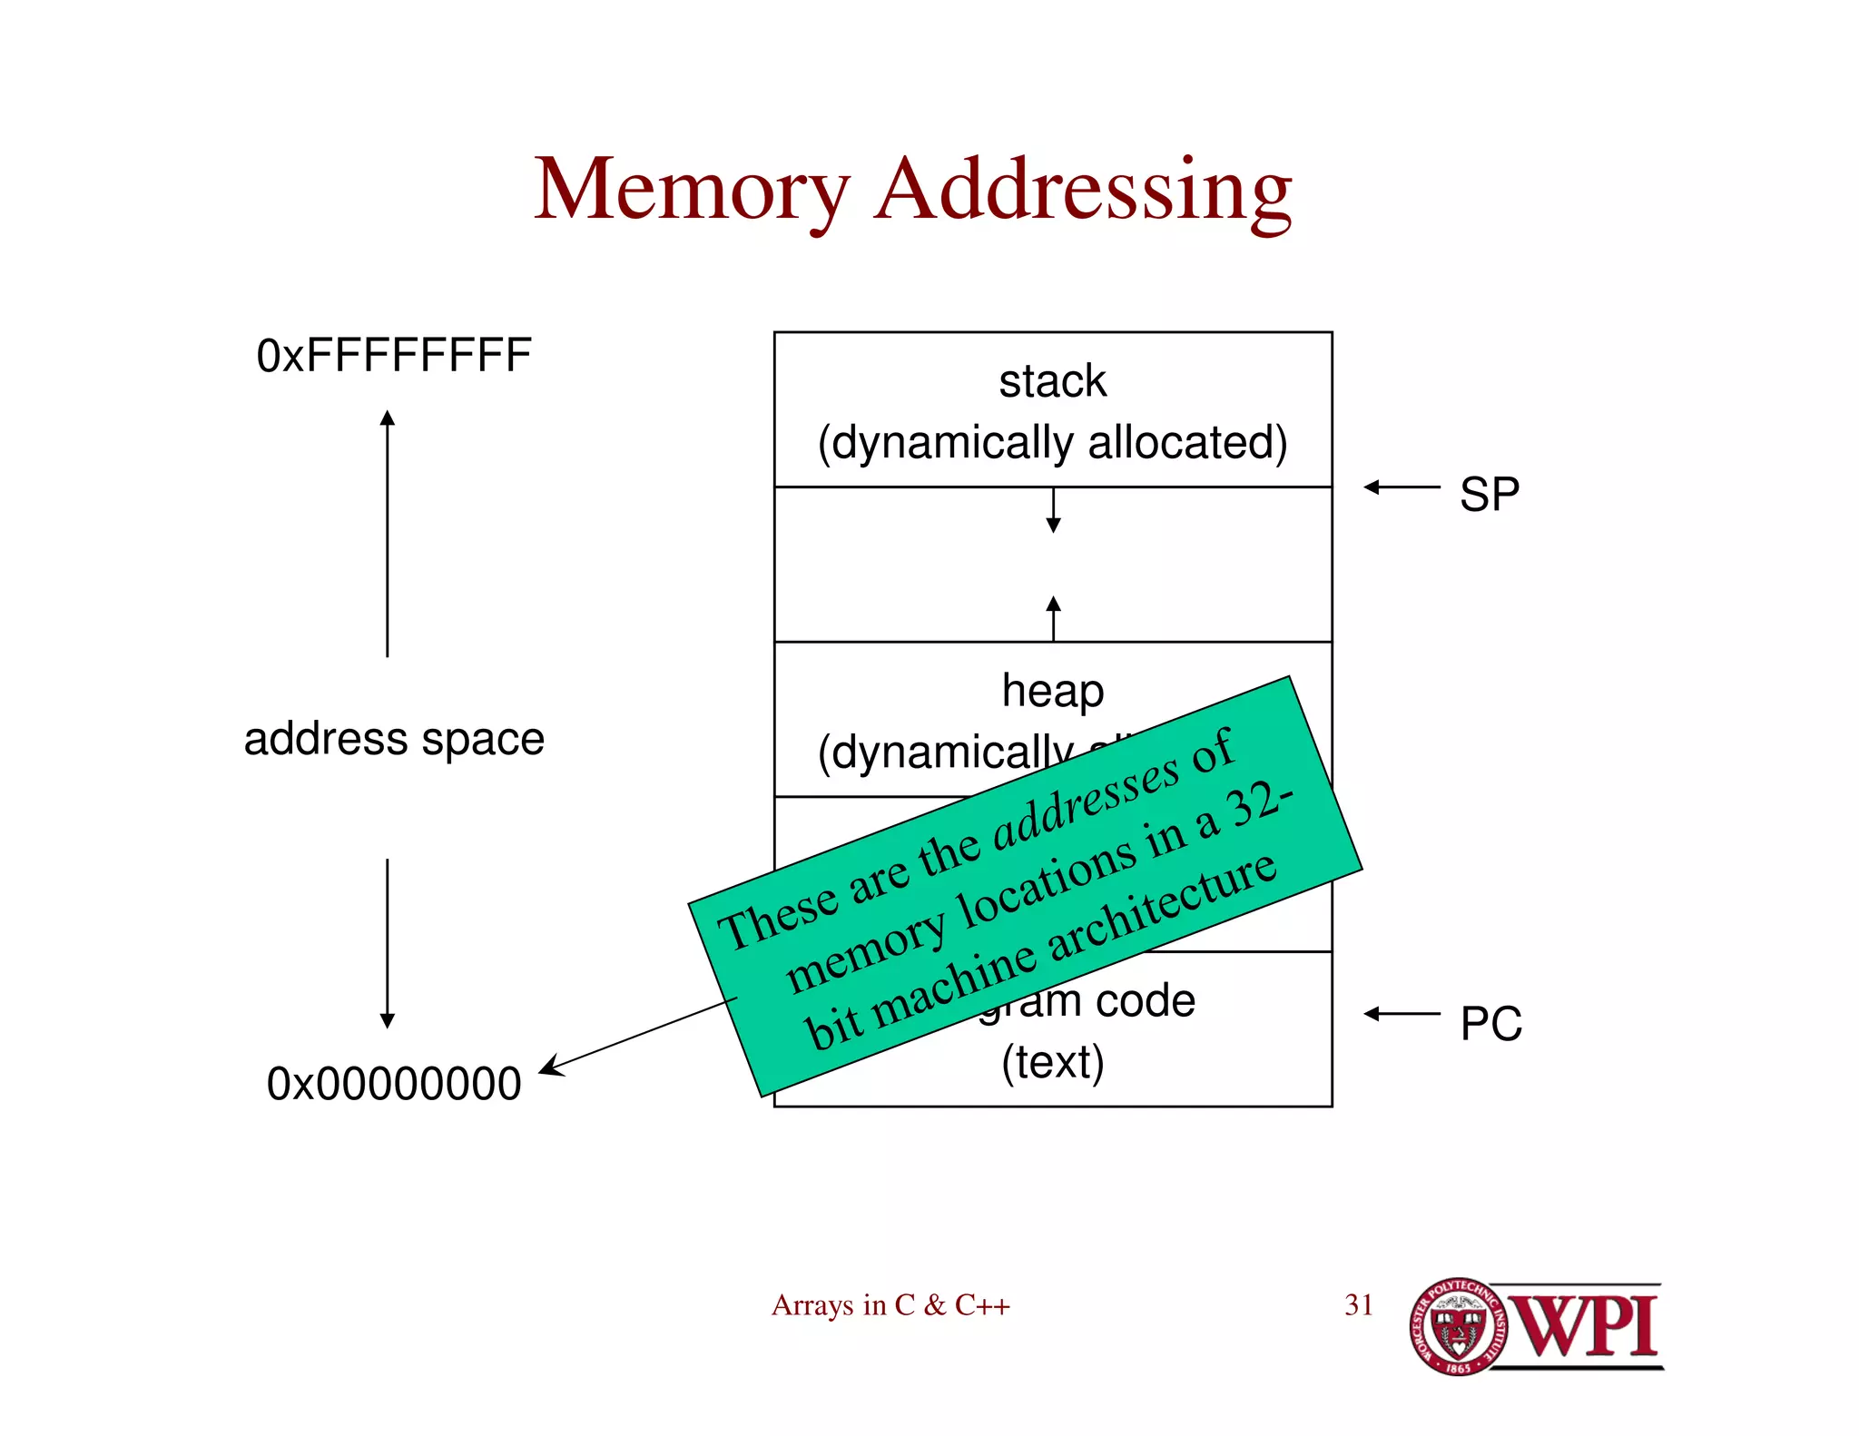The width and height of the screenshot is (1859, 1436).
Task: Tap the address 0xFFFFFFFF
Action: tap(394, 355)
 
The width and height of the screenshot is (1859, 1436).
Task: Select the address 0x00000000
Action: tap(394, 1084)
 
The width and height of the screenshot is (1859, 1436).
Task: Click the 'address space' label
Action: tap(394, 739)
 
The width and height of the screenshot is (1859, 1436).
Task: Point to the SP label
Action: tap(1489, 495)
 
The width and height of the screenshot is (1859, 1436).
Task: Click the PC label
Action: tap(1490, 1023)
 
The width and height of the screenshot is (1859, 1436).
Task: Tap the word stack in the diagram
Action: tap(1053, 381)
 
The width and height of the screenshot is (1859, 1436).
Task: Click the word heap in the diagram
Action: tap(1053, 692)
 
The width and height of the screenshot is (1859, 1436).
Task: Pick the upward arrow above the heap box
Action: tap(1053, 618)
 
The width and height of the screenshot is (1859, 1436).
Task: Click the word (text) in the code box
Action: tap(1053, 1062)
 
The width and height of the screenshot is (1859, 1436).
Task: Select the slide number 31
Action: tap(1358, 1305)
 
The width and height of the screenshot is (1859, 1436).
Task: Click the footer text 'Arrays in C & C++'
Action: tap(890, 1305)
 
